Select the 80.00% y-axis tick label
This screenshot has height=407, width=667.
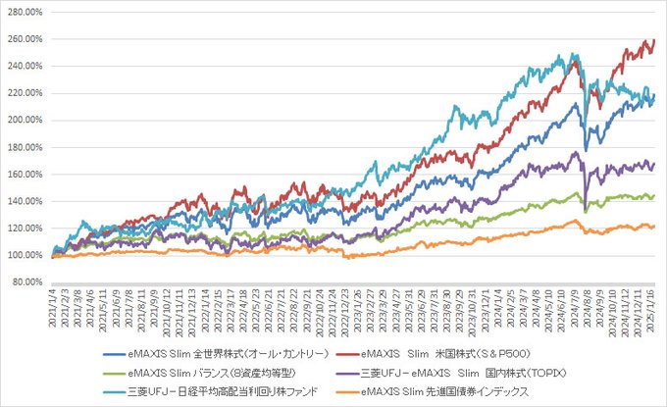click(26, 282)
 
